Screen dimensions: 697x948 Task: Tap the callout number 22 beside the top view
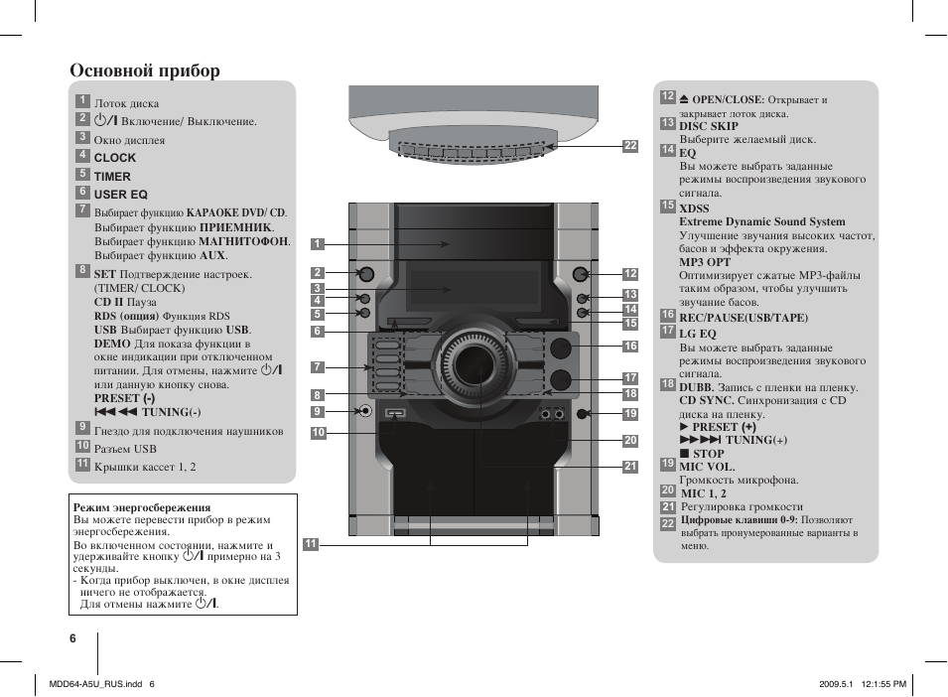[x=629, y=146]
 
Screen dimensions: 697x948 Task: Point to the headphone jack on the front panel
[x=366, y=412]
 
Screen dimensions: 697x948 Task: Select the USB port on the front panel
[x=395, y=415]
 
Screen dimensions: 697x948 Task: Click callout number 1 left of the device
[x=318, y=244]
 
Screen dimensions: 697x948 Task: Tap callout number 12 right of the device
[x=630, y=274]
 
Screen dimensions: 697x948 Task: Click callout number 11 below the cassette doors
[x=311, y=543]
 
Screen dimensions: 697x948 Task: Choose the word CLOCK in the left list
[x=115, y=158]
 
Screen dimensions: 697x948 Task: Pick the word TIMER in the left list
[x=112, y=177]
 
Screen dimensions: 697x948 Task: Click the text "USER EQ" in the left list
[x=120, y=195]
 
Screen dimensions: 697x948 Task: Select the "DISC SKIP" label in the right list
[x=709, y=126]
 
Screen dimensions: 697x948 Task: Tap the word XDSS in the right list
[x=694, y=209]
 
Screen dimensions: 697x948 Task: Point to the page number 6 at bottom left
[x=72, y=638]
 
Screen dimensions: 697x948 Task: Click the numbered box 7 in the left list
[x=83, y=209]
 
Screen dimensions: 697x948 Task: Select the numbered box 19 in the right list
[x=668, y=464]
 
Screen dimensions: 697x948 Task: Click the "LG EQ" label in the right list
[x=698, y=334]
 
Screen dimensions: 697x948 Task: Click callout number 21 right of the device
[x=630, y=467]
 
